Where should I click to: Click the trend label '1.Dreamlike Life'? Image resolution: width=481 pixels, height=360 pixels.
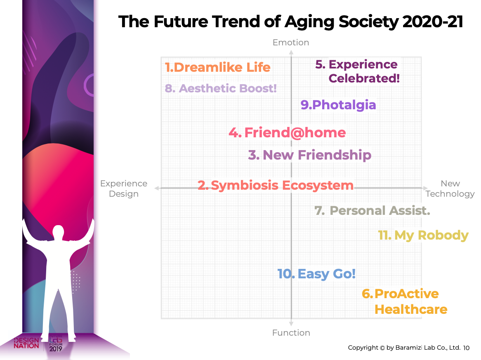pos(217,68)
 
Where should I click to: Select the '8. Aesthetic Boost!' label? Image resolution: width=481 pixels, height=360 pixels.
pos(221,88)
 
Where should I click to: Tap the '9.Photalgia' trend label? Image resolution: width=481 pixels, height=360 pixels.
pos(338,105)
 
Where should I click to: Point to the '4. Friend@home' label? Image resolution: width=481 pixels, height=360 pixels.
pos(287,133)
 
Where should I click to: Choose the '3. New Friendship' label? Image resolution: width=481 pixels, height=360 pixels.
pos(309,155)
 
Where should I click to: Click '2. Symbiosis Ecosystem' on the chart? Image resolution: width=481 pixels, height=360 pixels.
pos(276,185)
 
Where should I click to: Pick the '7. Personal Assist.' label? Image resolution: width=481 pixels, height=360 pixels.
pos(372,211)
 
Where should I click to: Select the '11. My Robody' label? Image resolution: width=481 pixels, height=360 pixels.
pos(423,235)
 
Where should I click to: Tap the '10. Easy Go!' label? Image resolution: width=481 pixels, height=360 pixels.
pos(316,274)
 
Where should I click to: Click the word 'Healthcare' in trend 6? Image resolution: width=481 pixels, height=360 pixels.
pos(411,309)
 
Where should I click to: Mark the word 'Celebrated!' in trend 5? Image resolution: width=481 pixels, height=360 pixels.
pos(364,78)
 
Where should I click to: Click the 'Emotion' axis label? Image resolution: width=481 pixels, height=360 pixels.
pos(291,42)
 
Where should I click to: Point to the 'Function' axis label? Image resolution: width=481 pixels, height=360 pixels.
pos(291,333)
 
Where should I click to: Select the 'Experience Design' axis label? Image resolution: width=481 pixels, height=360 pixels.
pos(124,188)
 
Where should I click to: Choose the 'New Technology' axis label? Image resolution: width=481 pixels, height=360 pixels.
pos(450,188)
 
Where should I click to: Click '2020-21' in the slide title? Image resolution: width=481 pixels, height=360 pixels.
pos(433,22)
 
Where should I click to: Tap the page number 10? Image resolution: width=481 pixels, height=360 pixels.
pos(466,348)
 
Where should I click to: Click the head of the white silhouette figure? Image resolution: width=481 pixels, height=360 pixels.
pos(58,232)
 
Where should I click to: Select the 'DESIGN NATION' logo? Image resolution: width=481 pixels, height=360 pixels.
pos(26,343)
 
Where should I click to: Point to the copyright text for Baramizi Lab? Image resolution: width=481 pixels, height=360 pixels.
pos(404,348)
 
